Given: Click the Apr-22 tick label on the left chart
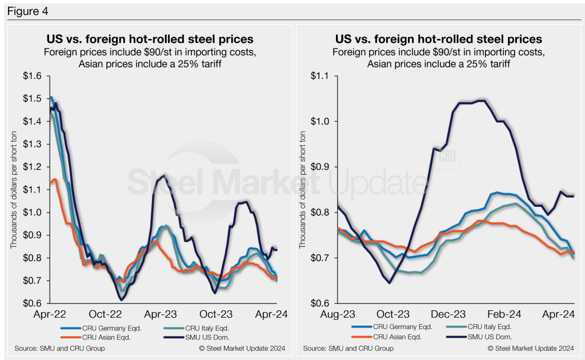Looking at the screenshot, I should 50,314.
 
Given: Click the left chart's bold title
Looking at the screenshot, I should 150,39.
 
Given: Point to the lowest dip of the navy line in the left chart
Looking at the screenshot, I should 121,299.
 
